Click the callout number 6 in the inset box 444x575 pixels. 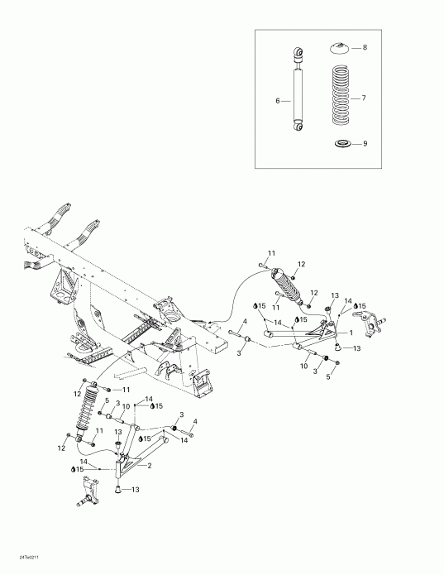[279, 102]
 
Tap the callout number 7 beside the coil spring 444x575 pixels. [363, 98]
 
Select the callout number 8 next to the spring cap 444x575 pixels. [363, 49]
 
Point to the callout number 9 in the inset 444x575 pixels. [364, 143]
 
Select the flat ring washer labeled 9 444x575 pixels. [341, 145]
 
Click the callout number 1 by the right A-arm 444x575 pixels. [351, 333]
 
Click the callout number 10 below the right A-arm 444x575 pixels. [304, 366]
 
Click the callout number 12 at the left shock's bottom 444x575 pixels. [61, 448]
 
